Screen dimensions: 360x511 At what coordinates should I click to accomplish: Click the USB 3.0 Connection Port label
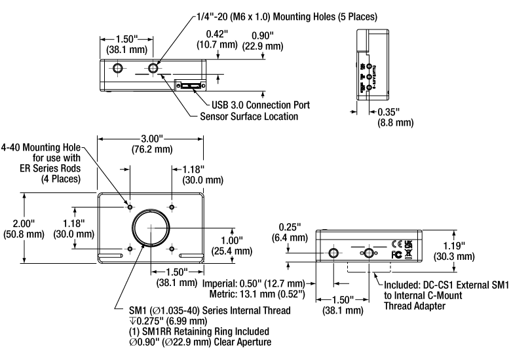tap(261, 105)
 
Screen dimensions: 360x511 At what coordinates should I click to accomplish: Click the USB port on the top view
tap(190, 86)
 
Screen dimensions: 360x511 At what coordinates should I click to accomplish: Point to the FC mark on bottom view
tap(396, 253)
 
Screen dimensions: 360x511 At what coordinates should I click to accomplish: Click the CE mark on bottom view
tap(397, 241)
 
